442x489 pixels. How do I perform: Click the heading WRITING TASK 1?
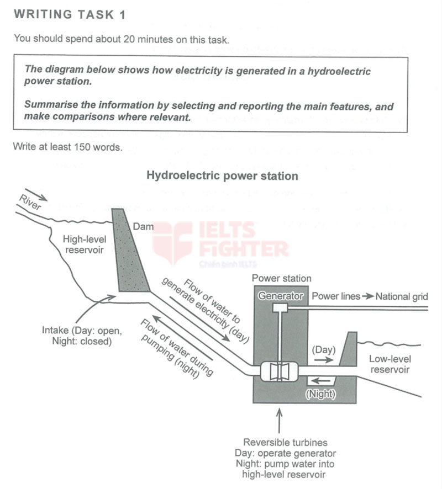pos(70,15)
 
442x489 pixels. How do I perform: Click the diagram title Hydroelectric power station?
pos(222,176)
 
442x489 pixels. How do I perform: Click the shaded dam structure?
pos(131,254)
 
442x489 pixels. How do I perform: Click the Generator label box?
pos(281,296)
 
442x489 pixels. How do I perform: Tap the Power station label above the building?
pos(281,279)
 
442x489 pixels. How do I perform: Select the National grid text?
pos(402,296)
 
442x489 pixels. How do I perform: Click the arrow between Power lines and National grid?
pos(368,296)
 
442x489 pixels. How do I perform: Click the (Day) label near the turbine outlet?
pos(323,350)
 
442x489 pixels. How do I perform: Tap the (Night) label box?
pos(320,394)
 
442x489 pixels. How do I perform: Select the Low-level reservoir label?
pos(389,364)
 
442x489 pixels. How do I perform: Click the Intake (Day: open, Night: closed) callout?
pos(81,336)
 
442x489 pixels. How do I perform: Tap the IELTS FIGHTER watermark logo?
pos(221,243)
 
